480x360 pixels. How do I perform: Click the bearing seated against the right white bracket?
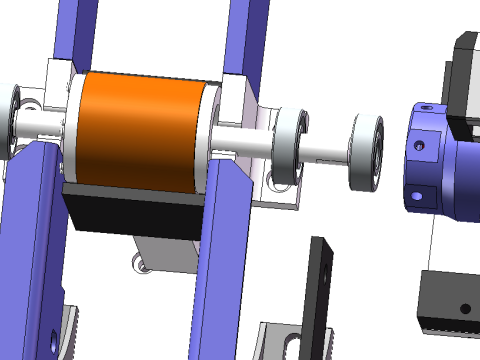pos(289,146)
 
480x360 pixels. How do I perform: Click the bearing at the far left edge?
pos(12,120)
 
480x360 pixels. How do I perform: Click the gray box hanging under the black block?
pos(165,255)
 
